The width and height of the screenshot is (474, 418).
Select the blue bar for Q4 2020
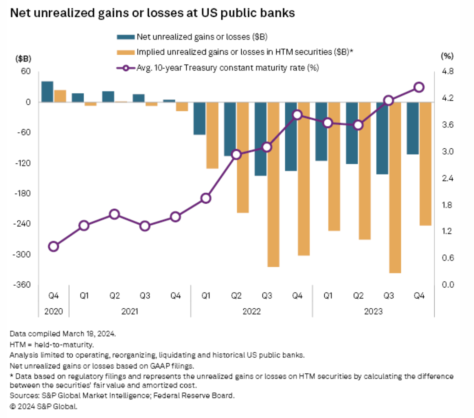click(x=48, y=92)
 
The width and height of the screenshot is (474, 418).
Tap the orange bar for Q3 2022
click(x=273, y=184)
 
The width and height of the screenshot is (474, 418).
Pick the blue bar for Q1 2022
click(x=199, y=118)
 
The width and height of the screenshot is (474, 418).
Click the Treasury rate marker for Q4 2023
click(x=419, y=87)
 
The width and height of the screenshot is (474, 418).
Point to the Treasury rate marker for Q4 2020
click(x=54, y=247)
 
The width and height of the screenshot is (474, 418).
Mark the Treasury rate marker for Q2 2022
click(x=236, y=155)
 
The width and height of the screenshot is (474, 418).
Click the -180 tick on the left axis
click(x=22, y=193)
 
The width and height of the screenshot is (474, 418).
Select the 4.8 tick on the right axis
click(x=447, y=71)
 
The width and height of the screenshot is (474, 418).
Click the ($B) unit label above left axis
click(x=23, y=59)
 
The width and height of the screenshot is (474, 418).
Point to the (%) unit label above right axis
click(x=447, y=56)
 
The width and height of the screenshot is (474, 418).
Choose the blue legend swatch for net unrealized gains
click(x=126, y=37)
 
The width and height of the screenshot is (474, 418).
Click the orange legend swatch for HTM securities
click(x=126, y=52)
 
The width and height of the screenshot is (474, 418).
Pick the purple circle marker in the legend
click(x=126, y=68)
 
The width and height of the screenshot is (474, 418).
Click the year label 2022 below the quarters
click(x=252, y=312)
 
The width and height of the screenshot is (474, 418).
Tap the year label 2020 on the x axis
click(x=54, y=312)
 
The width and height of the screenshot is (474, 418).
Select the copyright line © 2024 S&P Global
click(x=43, y=406)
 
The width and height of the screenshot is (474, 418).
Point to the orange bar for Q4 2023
click(x=425, y=164)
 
